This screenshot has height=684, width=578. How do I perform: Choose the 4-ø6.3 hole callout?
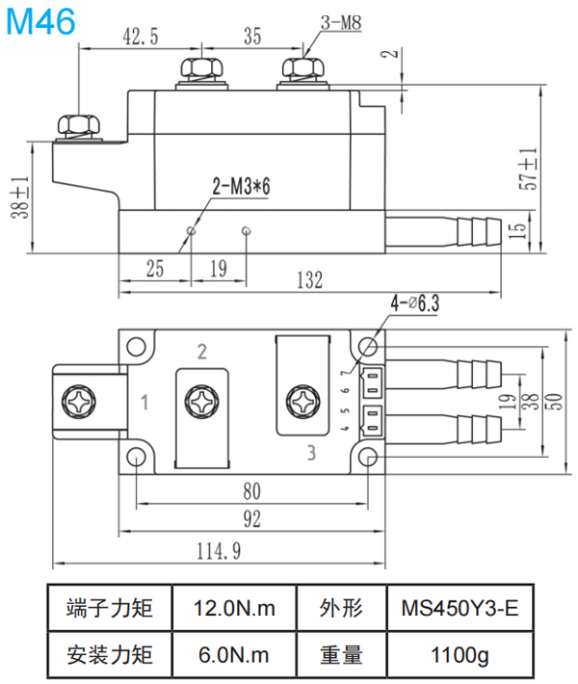click(414, 303)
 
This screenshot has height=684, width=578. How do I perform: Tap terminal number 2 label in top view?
click(201, 350)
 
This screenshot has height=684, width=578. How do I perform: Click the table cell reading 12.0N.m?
click(234, 609)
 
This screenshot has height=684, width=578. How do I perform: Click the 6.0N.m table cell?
click(234, 656)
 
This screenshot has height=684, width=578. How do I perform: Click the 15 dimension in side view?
click(517, 229)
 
